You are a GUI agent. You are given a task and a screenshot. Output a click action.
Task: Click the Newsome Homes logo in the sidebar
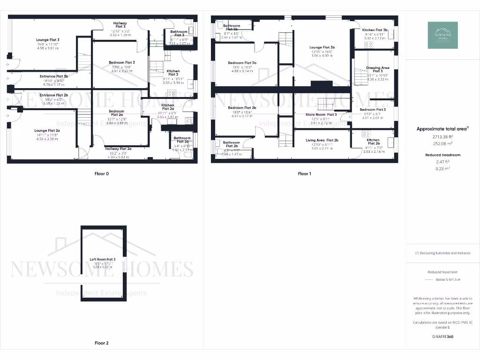tap(442, 35)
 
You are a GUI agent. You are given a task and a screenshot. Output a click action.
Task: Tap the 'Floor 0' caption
tap(101, 173)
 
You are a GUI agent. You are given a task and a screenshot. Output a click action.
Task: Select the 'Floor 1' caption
tap(304, 173)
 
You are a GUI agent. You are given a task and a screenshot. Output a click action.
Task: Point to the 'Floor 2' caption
tap(101, 343)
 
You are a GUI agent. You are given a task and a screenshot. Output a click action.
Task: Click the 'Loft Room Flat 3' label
tap(103, 259)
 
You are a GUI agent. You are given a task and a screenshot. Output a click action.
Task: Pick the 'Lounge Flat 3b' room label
tap(322, 47)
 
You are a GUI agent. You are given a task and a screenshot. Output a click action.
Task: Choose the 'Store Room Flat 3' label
tap(321, 114)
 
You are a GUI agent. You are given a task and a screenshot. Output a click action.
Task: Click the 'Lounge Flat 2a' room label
tap(47, 130)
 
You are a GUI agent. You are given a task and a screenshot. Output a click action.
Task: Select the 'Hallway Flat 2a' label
tap(118, 149)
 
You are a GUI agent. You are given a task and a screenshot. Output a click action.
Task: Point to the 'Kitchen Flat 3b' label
tap(375, 30)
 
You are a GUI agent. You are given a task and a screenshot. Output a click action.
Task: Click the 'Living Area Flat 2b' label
tap(322, 140)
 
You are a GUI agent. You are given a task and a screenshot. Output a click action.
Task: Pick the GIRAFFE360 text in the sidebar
tap(442, 337)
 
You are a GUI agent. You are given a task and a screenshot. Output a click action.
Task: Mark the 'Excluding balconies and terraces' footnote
tap(442, 253)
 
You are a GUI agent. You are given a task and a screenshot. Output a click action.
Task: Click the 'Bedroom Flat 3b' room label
tap(242, 63)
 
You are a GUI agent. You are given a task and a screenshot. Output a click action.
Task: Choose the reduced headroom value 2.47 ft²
tap(442, 161)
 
